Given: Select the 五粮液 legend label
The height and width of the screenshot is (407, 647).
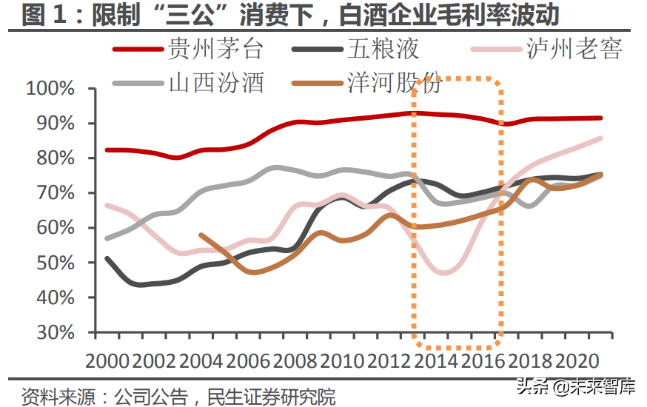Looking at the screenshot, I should [383, 50].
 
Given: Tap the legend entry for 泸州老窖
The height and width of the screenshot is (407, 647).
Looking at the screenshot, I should [574, 50].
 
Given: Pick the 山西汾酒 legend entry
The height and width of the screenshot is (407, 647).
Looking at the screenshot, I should [216, 82].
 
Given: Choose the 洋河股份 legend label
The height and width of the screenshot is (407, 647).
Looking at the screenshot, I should [394, 82].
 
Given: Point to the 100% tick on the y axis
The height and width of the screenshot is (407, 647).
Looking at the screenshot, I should [51, 89].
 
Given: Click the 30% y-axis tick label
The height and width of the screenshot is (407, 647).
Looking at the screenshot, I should [56, 332].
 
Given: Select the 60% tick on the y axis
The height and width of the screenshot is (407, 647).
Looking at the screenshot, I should [56, 228].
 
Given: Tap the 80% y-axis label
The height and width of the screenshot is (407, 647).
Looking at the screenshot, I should [56, 158].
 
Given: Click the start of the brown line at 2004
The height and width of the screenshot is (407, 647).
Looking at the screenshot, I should [201, 235].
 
